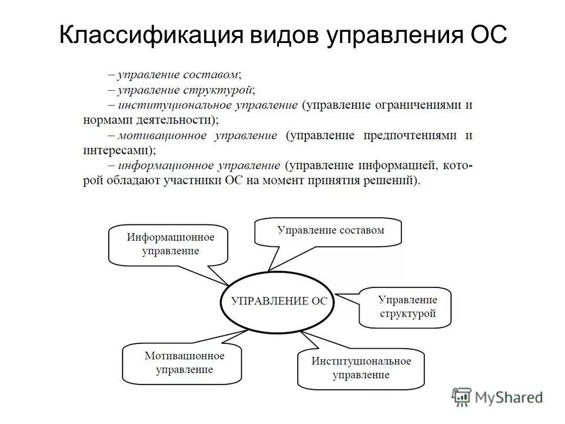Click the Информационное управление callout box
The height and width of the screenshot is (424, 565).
coord(169,244)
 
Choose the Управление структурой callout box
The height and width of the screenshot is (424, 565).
coord(407,307)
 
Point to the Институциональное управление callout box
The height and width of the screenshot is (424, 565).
coord(361,368)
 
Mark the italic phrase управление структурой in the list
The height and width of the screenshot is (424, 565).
coord(185,90)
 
